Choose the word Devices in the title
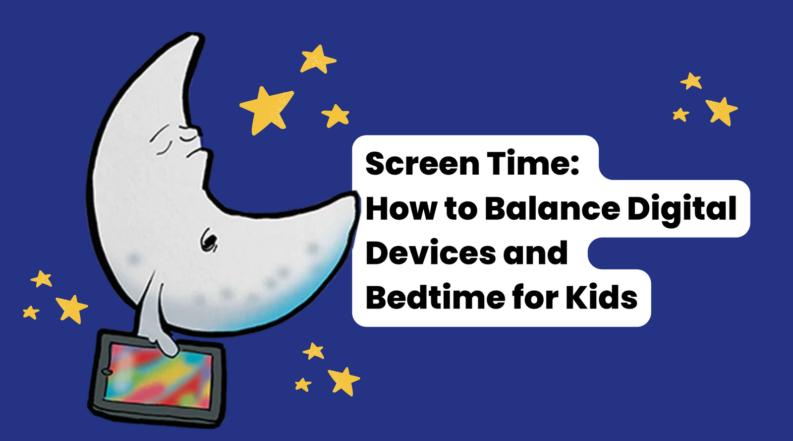point(431,253)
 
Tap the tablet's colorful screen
point(159,376)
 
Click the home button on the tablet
point(107,372)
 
